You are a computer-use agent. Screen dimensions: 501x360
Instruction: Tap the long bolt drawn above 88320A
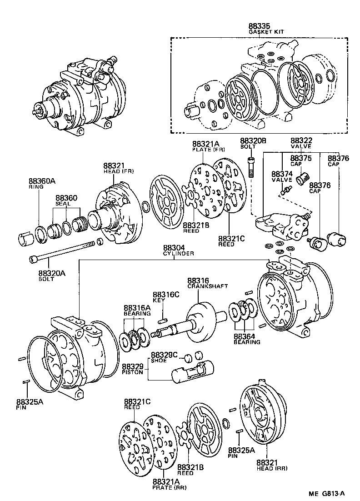[x=64, y=251]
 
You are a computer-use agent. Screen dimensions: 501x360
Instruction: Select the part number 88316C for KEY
[x=166, y=294]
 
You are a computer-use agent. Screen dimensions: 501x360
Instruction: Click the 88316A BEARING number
[x=137, y=308]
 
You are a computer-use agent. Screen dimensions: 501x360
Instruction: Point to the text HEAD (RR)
[x=272, y=468]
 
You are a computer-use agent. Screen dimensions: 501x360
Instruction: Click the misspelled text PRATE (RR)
[x=166, y=488]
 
